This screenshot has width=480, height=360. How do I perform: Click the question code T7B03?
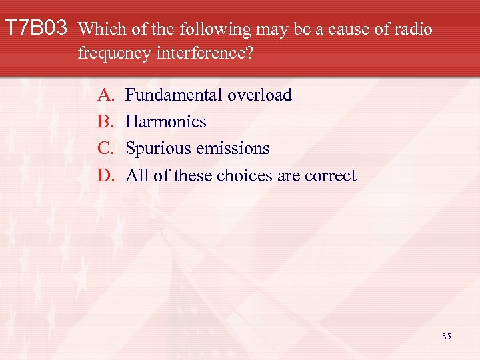(x=37, y=29)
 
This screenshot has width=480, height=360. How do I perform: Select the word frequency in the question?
(x=111, y=53)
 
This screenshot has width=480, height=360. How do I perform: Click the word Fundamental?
(x=174, y=95)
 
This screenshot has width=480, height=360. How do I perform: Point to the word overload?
(x=259, y=95)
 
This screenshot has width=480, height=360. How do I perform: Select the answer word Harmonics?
(x=166, y=122)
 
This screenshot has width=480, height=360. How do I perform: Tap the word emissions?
(x=231, y=149)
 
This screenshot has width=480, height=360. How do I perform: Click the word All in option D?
(x=137, y=175)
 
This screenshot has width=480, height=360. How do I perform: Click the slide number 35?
(x=446, y=336)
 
